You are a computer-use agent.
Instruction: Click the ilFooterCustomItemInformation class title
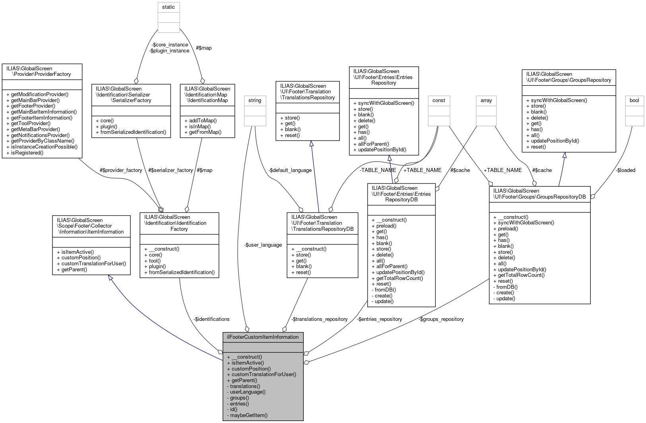coord(263,337)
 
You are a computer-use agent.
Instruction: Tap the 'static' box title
coord(169,7)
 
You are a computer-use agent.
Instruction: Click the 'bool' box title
coord(634,100)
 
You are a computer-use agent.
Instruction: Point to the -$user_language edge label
coord(263,245)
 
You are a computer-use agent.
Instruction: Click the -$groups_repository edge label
coord(441,319)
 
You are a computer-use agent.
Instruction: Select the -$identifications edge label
coord(211,319)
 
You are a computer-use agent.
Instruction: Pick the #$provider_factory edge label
coord(121,170)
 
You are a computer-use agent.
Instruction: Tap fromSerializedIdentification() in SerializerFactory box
coord(131,132)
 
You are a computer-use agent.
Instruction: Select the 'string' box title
coord(255,100)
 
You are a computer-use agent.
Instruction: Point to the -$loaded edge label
coord(626,170)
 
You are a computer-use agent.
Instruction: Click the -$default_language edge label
coord(290,170)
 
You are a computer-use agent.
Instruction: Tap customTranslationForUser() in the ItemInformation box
coord(91,264)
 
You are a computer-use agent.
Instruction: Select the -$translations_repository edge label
coord(319,319)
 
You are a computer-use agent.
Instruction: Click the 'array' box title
coord(486,100)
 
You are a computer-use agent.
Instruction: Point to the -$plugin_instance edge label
coord(169,51)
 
